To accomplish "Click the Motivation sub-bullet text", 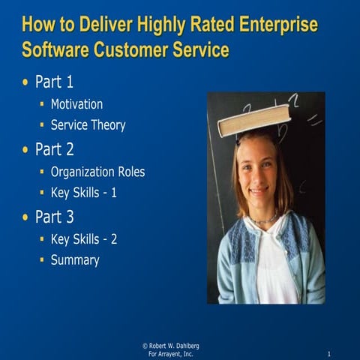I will pyautogui.click(x=76, y=104).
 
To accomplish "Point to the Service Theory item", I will pyautogui.click(x=88, y=125).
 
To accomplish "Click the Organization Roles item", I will pyautogui.click(x=97, y=172).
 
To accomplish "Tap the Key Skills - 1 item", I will pyautogui.click(x=84, y=193).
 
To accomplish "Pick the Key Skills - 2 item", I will pyautogui.click(x=84, y=239).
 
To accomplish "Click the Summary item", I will pyautogui.click(x=75, y=260).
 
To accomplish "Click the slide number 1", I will pyautogui.click(x=330, y=353).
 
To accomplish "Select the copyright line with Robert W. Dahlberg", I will pyautogui.click(x=170, y=345).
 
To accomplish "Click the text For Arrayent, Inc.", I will pyautogui.click(x=170, y=353).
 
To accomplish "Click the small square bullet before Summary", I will pyautogui.click(x=42, y=261).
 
